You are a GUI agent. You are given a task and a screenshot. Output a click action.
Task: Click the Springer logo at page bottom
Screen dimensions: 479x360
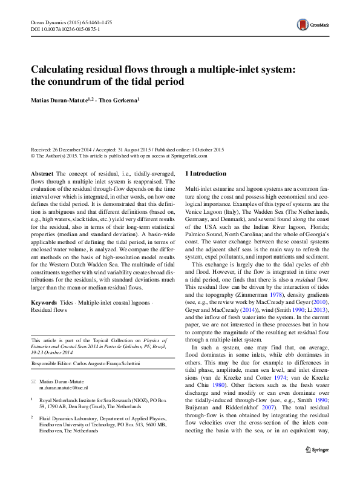coord(317,451)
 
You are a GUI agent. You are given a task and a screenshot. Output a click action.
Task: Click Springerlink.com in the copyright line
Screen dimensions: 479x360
coord(189,155)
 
